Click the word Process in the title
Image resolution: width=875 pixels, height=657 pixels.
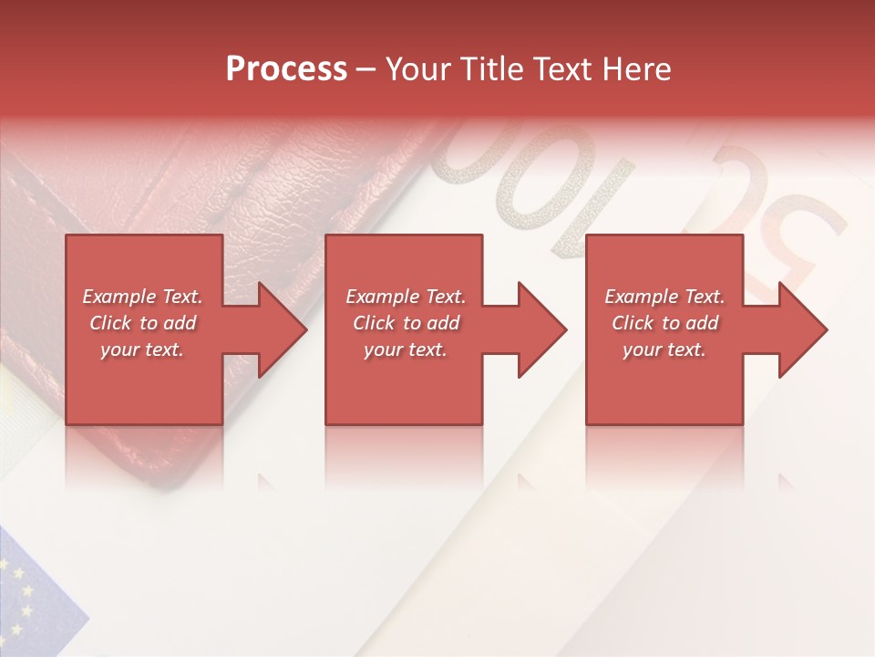click(286, 69)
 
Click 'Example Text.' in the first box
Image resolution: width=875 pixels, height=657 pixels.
click(142, 297)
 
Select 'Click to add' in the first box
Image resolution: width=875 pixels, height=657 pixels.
click(142, 323)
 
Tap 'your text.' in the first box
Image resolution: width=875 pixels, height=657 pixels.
click(142, 349)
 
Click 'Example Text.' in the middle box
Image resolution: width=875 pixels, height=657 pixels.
click(406, 297)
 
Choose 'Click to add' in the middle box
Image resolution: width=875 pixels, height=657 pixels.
click(406, 323)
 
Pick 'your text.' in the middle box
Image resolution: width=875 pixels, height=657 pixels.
click(406, 349)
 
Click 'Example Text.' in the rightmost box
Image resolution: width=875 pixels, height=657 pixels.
click(664, 297)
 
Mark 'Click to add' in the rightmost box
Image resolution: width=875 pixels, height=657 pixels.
click(664, 323)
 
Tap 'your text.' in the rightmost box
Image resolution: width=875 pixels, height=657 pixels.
click(664, 349)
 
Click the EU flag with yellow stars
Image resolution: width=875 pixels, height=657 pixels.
click(32, 593)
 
